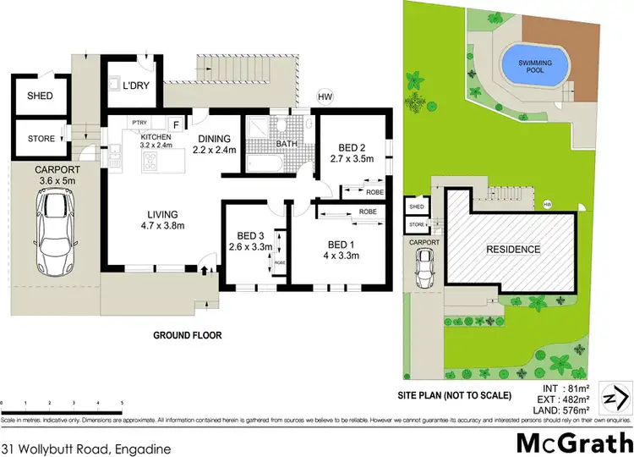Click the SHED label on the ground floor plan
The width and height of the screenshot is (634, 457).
click(41, 96)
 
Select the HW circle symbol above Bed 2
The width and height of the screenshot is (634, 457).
click(325, 96)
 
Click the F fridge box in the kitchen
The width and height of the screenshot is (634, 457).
click(176, 124)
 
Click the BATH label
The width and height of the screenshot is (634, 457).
click(285, 145)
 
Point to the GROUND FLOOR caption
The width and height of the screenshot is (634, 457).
click(188, 335)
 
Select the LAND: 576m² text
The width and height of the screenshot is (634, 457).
click(569, 412)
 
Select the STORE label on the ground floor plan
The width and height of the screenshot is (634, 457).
click(41, 139)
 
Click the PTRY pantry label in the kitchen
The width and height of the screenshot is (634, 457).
click(139, 122)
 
